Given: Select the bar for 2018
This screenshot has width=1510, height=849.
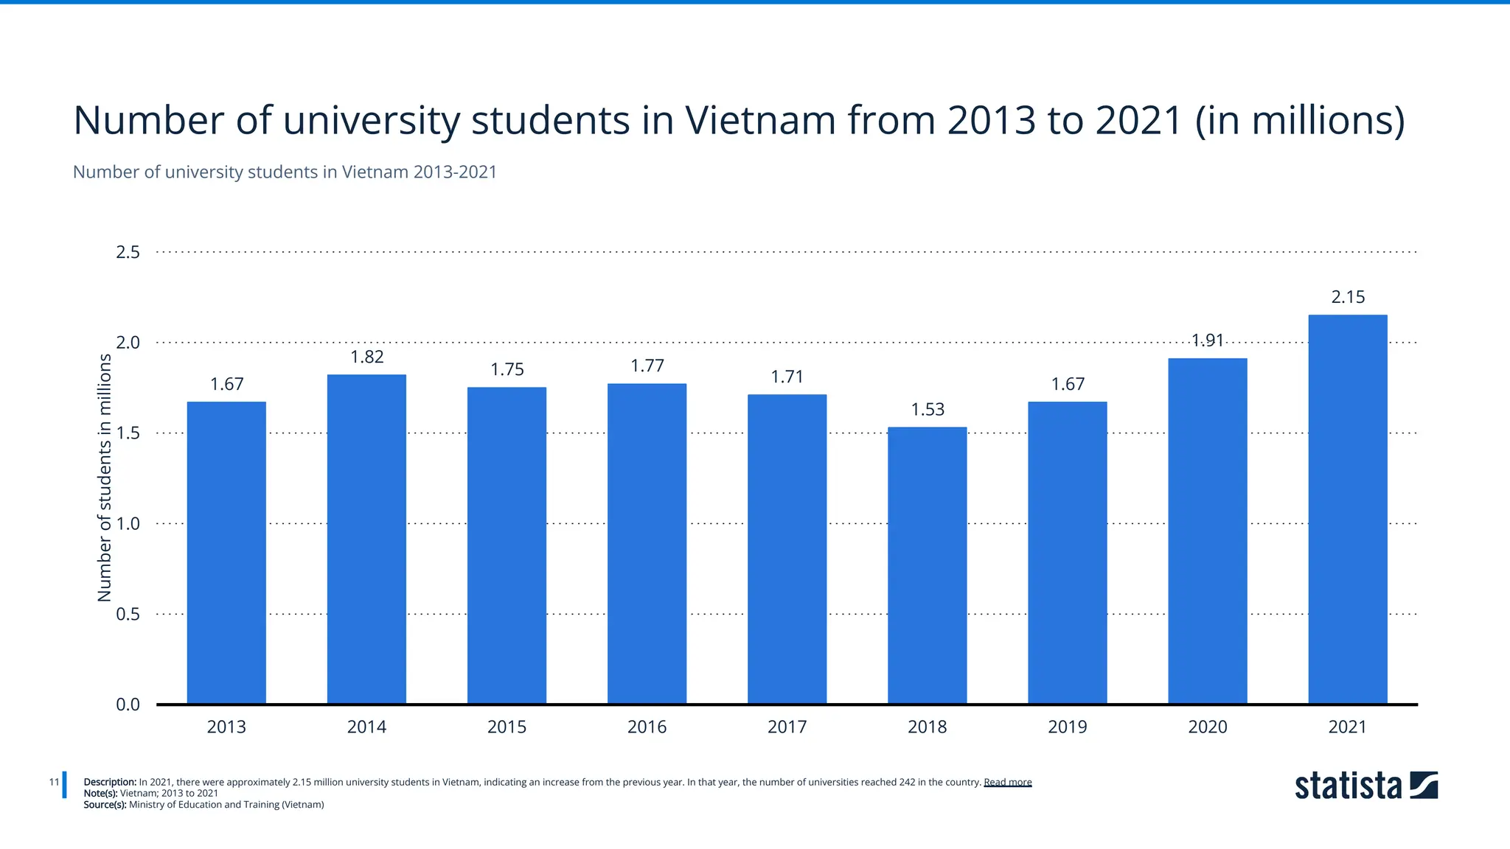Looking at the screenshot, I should click(927, 565).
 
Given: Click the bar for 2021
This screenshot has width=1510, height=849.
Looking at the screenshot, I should click(1347, 509).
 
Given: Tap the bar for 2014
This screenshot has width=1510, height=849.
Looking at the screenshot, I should click(366, 539).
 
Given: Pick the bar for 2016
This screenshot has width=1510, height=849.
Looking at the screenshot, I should click(647, 543).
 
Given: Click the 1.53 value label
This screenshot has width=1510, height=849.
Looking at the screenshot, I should click(927, 410).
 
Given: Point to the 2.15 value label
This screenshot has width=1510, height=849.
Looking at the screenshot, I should click(1347, 297).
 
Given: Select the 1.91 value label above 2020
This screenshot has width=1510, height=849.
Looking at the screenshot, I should click(1207, 340).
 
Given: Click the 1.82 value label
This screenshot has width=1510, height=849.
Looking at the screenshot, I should click(366, 357).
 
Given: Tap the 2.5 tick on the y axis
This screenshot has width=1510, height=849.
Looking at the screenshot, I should click(128, 253).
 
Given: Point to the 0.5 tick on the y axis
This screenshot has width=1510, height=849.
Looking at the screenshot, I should click(128, 615).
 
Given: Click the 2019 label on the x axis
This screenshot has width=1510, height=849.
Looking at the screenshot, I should click(1067, 727).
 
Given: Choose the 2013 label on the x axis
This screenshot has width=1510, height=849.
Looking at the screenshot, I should click(226, 727).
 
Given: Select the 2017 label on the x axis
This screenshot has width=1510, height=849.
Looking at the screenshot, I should click(787, 727).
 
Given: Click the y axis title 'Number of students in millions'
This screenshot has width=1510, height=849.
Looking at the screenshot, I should click(105, 478).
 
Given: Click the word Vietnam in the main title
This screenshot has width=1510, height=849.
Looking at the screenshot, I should click(759, 120).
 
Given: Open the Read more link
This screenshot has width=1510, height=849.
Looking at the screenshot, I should click(1007, 783).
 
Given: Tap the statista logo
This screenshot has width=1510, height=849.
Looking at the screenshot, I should click(1365, 786).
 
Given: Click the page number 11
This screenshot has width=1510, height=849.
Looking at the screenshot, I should click(54, 782).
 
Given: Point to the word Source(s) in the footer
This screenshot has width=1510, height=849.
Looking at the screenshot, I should click(105, 805).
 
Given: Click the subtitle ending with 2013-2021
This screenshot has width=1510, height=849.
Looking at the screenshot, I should click(285, 172).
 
